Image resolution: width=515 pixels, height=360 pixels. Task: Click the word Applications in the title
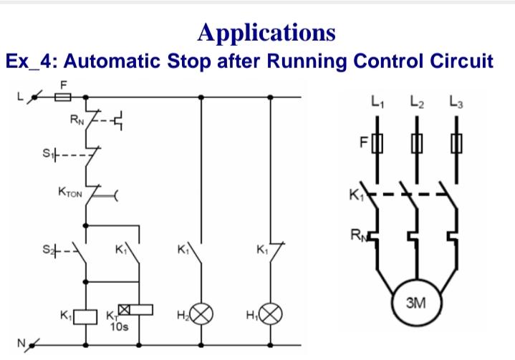[x=266, y=32]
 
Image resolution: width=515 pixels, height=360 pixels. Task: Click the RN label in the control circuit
[x=76, y=120]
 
